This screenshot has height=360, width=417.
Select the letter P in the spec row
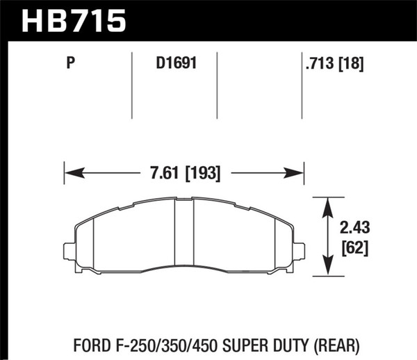(x=70, y=66)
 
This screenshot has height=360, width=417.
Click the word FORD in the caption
(x=71, y=342)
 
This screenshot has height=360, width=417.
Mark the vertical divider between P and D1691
(x=132, y=83)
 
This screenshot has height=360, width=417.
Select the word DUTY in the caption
(x=286, y=342)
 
